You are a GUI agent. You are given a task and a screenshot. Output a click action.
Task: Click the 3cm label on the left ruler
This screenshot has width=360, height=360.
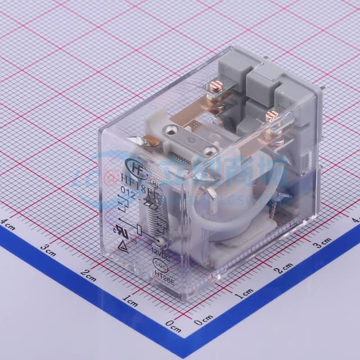48,248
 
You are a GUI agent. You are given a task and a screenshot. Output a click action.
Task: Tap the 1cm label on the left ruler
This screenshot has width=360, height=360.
130,302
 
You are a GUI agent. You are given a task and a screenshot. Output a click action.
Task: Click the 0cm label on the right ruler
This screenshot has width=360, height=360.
202,322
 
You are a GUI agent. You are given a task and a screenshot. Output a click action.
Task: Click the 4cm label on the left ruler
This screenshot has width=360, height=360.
8,223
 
